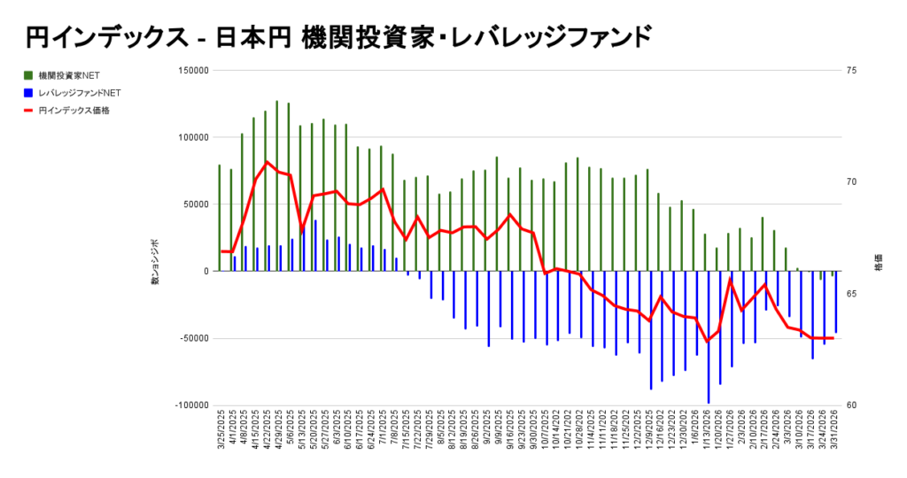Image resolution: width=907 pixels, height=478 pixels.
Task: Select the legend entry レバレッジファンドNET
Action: [x=74, y=92]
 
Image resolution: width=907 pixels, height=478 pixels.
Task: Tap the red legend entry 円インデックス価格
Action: [x=67, y=111]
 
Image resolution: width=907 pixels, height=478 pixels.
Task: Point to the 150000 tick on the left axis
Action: [x=193, y=71]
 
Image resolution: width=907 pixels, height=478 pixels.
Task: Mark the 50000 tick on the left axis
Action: [x=196, y=204]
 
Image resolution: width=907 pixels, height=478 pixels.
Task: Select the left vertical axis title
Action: [x=154, y=261]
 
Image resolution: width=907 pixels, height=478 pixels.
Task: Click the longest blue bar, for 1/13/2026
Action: [x=709, y=336]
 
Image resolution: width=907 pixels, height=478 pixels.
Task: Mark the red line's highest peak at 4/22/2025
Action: [x=267, y=162]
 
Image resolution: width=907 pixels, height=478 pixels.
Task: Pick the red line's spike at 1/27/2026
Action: [x=731, y=280]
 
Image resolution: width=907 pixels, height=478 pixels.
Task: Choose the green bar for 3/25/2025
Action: [x=220, y=218]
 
